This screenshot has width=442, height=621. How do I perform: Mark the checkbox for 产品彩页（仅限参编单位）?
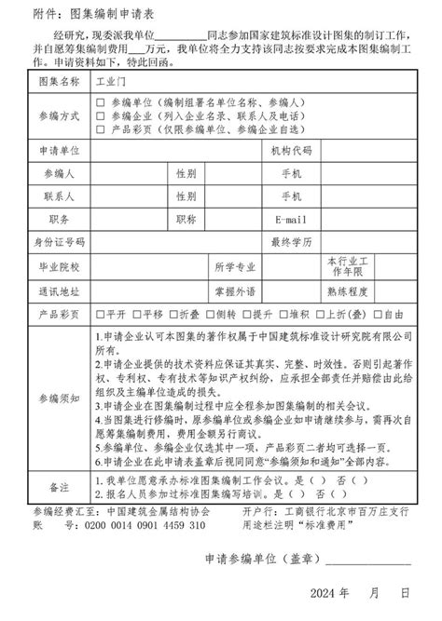(x=101, y=128)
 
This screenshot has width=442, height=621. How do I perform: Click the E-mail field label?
(x=290, y=219)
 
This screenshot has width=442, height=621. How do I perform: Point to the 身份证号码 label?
(x=60, y=241)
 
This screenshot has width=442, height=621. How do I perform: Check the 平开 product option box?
(x=100, y=314)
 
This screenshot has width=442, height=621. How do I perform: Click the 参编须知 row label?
(x=60, y=398)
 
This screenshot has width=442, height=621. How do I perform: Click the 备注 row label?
(x=60, y=487)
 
